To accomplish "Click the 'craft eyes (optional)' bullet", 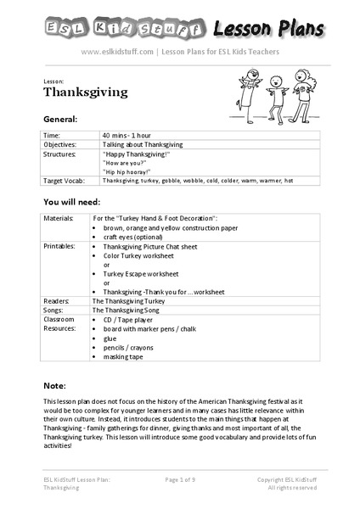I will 134,237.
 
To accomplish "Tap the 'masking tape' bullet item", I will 123,356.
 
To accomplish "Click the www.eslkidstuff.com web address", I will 117,52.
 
